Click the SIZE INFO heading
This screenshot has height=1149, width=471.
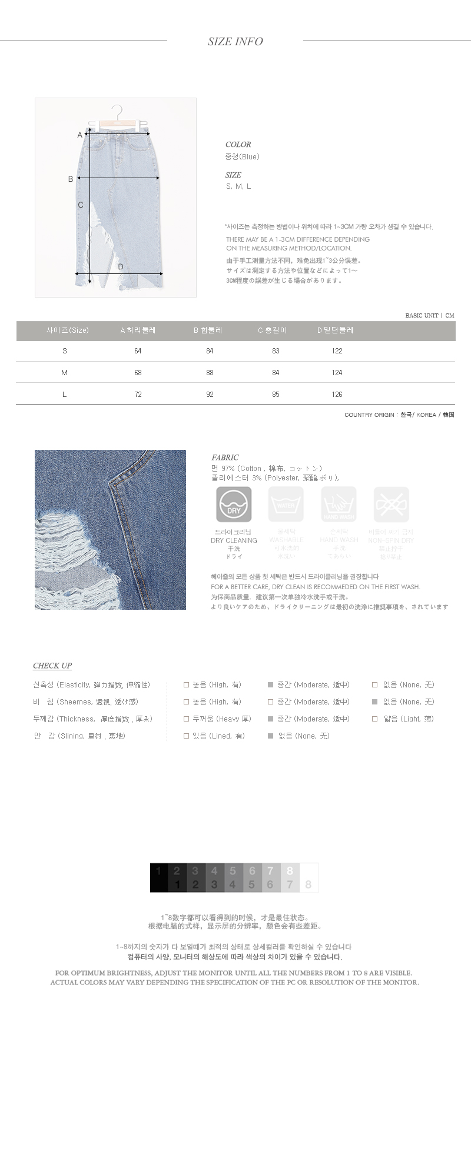pyautogui.click(x=235, y=42)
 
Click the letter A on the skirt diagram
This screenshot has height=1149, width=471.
pyautogui.click(x=80, y=135)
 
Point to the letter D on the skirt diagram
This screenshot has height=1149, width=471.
pyautogui.click(x=121, y=267)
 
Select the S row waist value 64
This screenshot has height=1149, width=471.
pyautogui.click(x=138, y=351)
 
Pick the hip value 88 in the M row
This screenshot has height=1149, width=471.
pyautogui.click(x=210, y=373)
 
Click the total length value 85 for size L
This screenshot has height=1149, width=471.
pyautogui.click(x=276, y=395)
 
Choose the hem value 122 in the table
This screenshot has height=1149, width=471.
pyautogui.click(x=337, y=351)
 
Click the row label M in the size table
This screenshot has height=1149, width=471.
pyautogui.click(x=64, y=373)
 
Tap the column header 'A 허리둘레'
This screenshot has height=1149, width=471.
pyautogui.click(x=138, y=330)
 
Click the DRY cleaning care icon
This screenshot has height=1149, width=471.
pyautogui.click(x=234, y=505)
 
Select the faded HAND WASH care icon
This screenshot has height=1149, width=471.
pyautogui.click(x=339, y=505)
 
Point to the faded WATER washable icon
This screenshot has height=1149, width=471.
pyautogui.click(x=286, y=505)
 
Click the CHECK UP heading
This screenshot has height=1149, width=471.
pyautogui.click(x=52, y=666)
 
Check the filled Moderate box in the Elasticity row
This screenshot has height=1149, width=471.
pyautogui.click(x=271, y=685)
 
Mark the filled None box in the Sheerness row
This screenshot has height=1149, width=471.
pyautogui.click(x=375, y=702)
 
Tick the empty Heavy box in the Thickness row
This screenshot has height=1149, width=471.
pyautogui.click(x=186, y=719)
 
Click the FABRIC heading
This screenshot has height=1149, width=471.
pyautogui.click(x=225, y=457)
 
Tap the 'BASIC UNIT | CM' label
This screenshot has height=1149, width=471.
pyautogui.click(x=430, y=316)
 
